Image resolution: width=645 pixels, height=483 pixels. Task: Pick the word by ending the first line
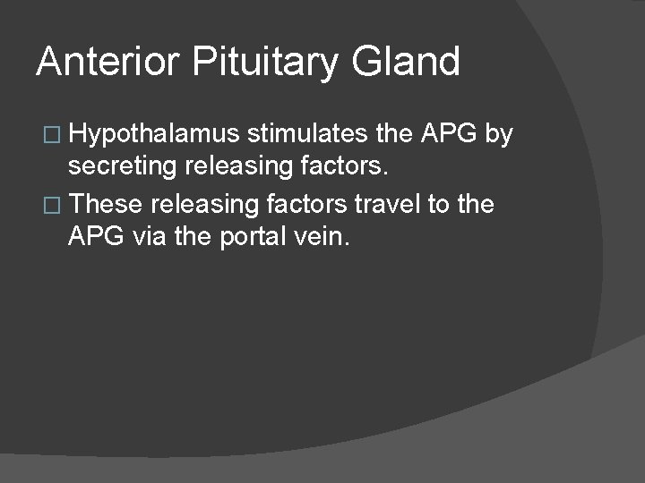click(x=498, y=135)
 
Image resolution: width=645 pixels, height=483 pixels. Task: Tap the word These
click(x=106, y=205)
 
